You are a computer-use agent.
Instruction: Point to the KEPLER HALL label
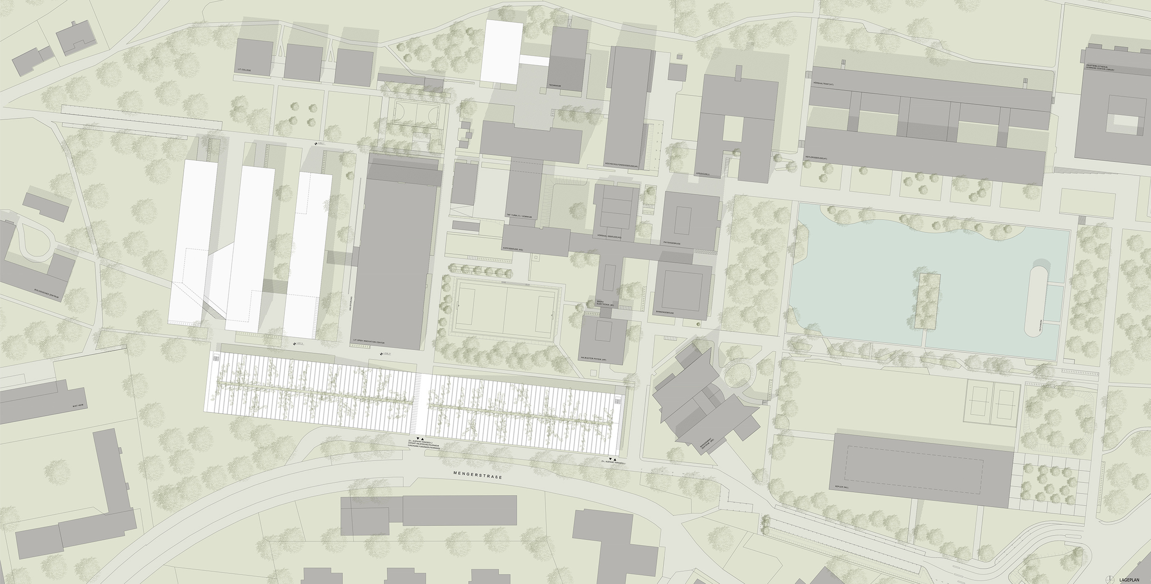843,486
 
